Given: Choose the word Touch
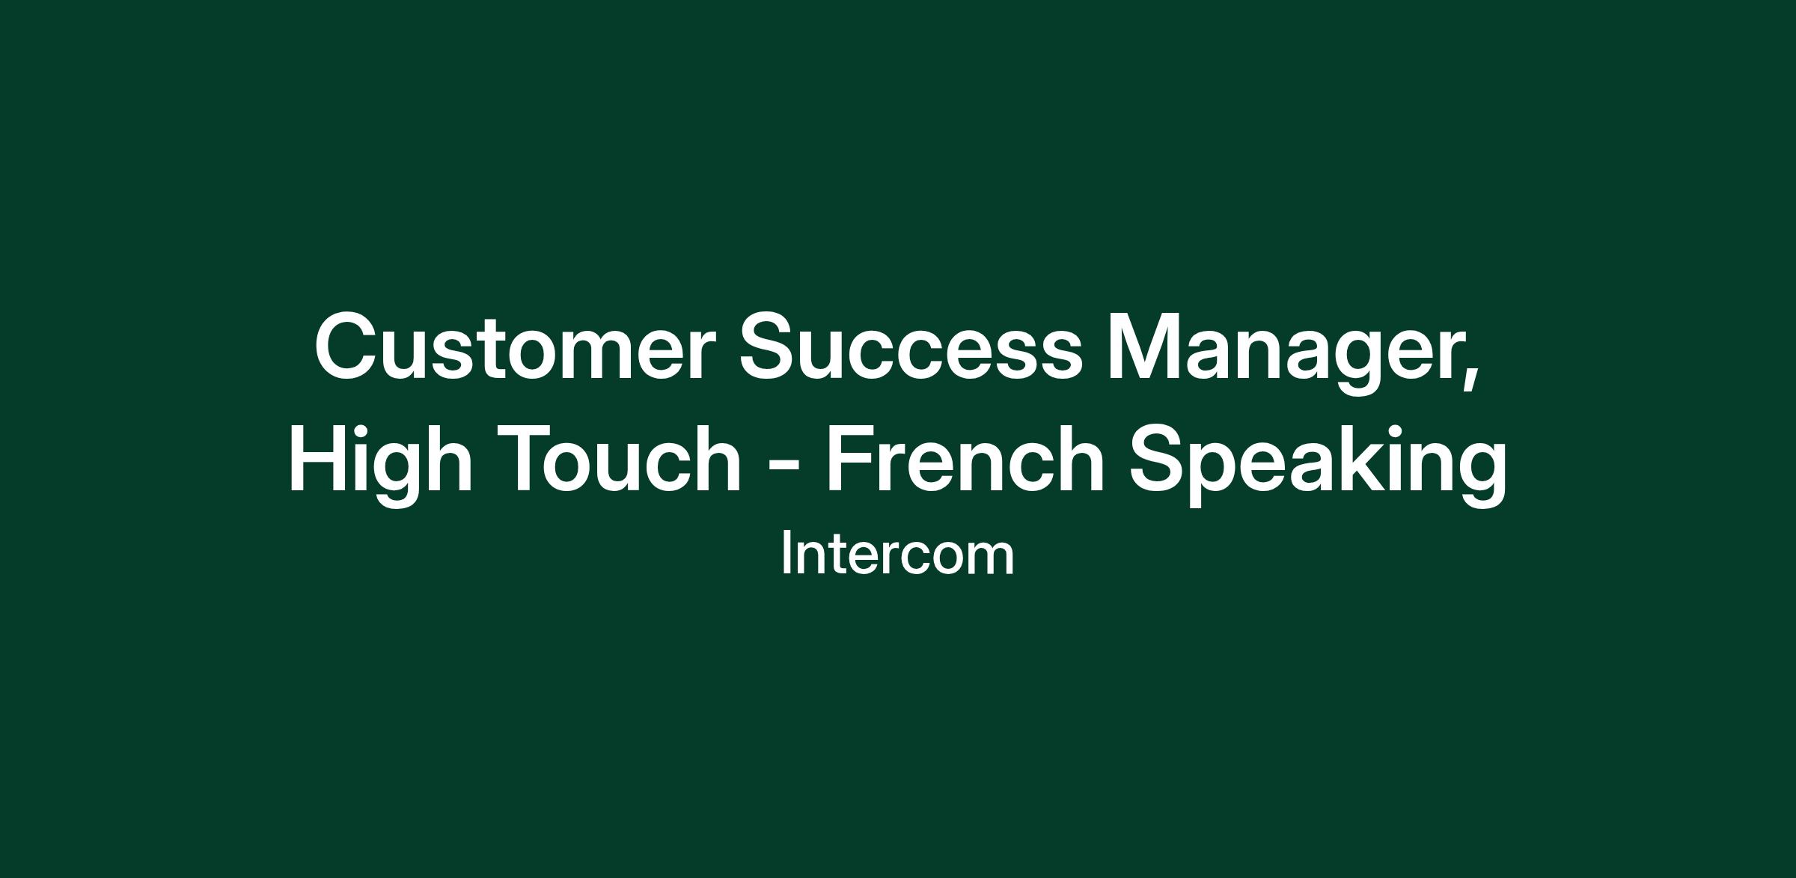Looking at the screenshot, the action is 623,458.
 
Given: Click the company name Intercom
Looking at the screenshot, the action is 897,555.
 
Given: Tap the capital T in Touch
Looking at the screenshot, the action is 532,458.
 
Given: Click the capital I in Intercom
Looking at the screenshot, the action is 785,554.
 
